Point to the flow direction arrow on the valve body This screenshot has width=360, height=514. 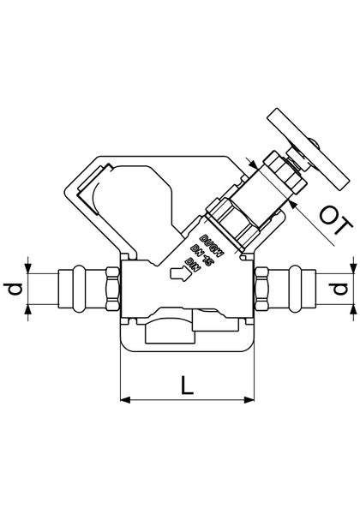click(x=179, y=275)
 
